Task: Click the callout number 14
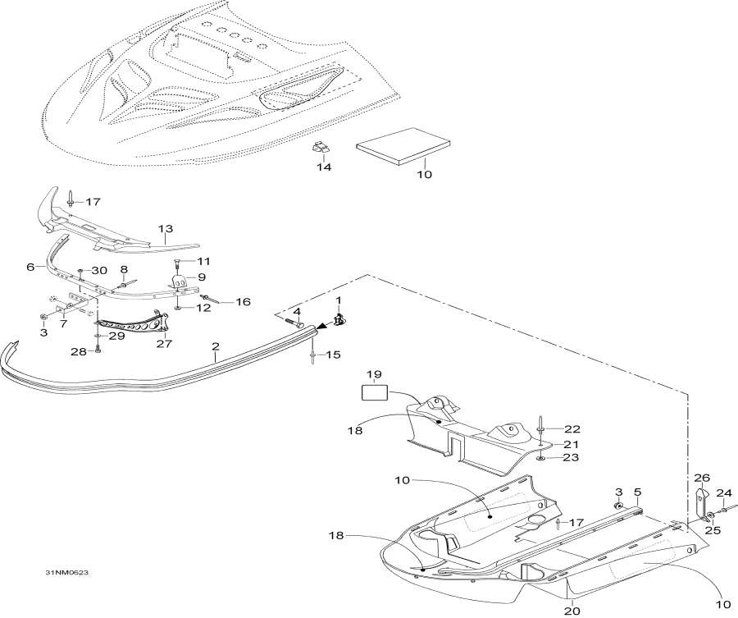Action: [x=324, y=167]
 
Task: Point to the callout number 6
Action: [x=30, y=267]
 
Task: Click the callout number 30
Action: [x=99, y=270]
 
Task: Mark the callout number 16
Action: [x=243, y=302]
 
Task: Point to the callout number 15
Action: [x=333, y=355]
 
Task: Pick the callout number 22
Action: [x=572, y=429]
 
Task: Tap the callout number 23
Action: [x=572, y=458]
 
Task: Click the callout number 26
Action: [x=701, y=478]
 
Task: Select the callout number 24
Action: [x=723, y=493]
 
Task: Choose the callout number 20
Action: [x=572, y=610]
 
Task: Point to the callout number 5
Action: [x=637, y=492]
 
